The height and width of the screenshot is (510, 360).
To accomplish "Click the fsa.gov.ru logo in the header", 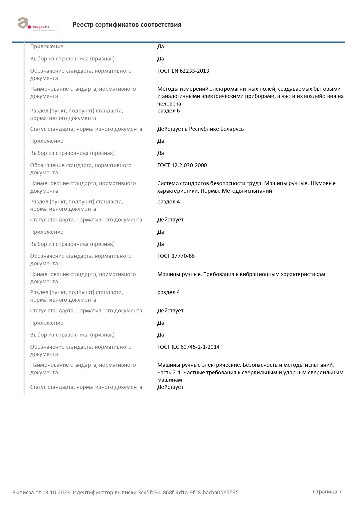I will pyautogui.click(x=37, y=24).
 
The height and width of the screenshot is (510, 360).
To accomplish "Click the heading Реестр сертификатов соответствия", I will pyautogui.click(x=127, y=25).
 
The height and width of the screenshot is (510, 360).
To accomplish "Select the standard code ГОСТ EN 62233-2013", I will pyautogui.click(x=183, y=71).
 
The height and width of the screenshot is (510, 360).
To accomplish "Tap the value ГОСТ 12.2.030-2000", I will pyautogui.click(x=182, y=165).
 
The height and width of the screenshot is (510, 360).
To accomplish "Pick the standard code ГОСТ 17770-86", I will pyautogui.click(x=176, y=256).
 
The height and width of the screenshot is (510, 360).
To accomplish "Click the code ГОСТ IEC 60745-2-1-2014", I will pyautogui.click(x=188, y=347).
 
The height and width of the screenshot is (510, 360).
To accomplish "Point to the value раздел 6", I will pyautogui.click(x=168, y=111).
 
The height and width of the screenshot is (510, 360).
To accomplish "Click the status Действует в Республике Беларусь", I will pyautogui.click(x=200, y=129).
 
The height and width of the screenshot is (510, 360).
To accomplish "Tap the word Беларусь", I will pyautogui.click(x=232, y=129).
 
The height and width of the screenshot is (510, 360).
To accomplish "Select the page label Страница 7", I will pyautogui.click(x=327, y=491).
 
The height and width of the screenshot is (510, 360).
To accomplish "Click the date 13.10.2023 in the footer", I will pyautogui.click(x=56, y=493).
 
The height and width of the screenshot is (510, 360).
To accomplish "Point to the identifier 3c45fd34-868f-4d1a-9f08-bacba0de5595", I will pyautogui.click(x=188, y=493).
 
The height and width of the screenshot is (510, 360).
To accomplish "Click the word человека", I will pyautogui.click(x=169, y=104).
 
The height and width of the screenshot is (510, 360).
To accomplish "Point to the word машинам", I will pyautogui.click(x=170, y=380).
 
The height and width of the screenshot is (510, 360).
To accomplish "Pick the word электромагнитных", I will pyautogui.click(x=230, y=89).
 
